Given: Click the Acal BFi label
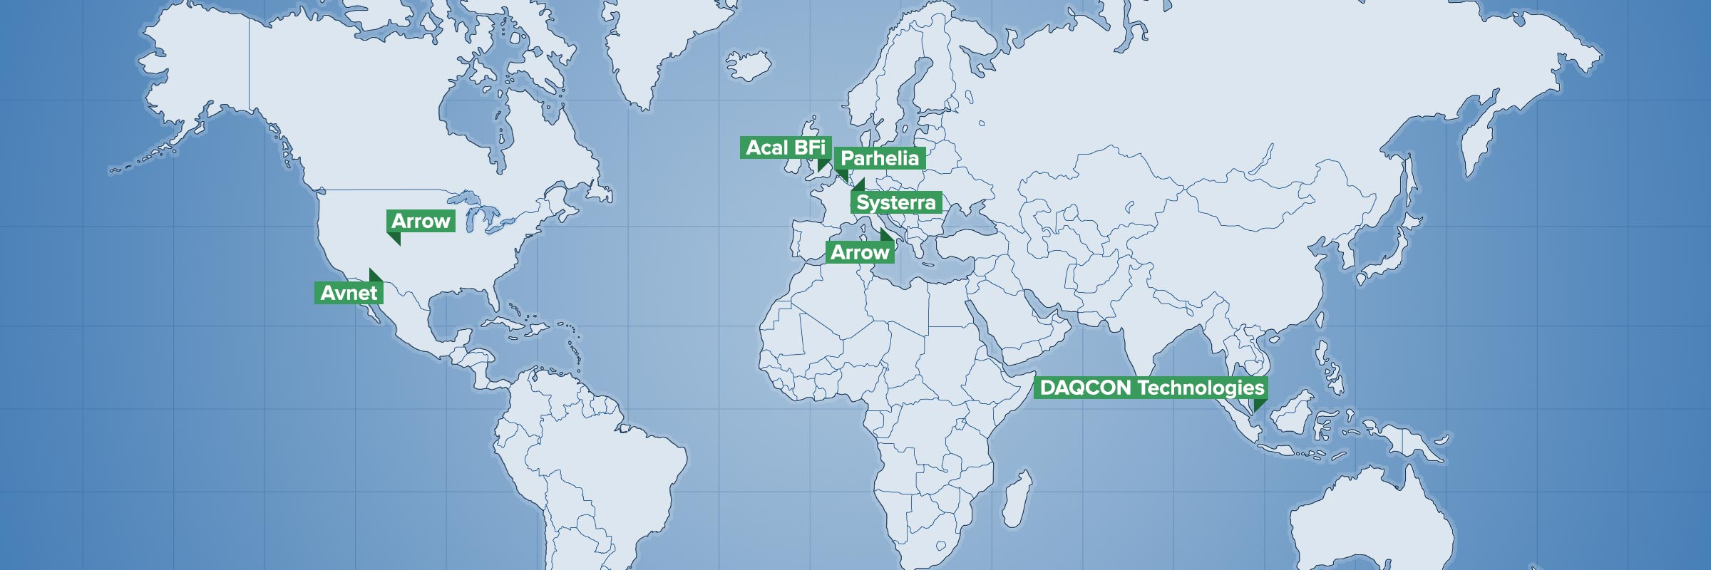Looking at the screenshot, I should pyautogui.click(x=785, y=147).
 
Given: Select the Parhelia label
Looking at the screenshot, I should pyautogui.click(x=880, y=158).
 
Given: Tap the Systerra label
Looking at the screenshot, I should pyautogui.click(x=896, y=202).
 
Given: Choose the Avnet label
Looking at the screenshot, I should pyautogui.click(x=349, y=293).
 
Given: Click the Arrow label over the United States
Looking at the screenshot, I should pyautogui.click(x=421, y=221).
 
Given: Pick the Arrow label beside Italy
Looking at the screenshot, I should pyautogui.click(x=860, y=252).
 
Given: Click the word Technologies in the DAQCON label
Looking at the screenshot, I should pyautogui.click(x=1201, y=388).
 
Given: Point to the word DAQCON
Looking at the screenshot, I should pyautogui.click(x=1085, y=388).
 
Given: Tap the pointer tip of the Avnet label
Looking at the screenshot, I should pyautogui.click(x=371, y=270).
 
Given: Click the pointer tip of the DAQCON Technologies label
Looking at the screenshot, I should pyautogui.click(x=1256, y=409).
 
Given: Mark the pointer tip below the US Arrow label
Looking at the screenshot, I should pyautogui.click(x=398, y=244).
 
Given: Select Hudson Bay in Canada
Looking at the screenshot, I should pyautogui.click(x=471, y=118).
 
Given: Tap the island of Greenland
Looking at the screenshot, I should pyautogui.click(x=656, y=43).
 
